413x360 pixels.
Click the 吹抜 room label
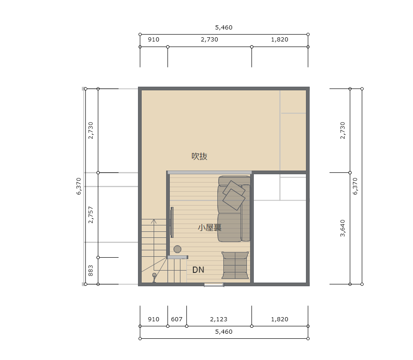199,156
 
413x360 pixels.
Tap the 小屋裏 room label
209,228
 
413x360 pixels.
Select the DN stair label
198,270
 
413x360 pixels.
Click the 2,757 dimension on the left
90,215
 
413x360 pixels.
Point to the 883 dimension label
90,271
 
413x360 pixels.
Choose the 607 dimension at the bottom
177,319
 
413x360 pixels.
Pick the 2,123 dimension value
219,319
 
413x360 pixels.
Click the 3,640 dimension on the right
342,228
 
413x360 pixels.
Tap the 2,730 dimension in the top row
209,40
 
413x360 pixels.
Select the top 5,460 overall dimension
224,27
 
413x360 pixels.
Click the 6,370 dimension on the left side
79,186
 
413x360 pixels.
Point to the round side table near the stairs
178,249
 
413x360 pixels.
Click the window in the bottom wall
214,284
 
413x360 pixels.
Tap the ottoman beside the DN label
235,265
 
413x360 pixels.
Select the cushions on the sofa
234,195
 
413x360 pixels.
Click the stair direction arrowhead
154,221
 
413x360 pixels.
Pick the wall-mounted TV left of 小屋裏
172,222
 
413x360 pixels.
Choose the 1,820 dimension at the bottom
280,319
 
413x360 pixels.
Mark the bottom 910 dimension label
154,319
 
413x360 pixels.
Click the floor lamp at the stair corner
154,277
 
